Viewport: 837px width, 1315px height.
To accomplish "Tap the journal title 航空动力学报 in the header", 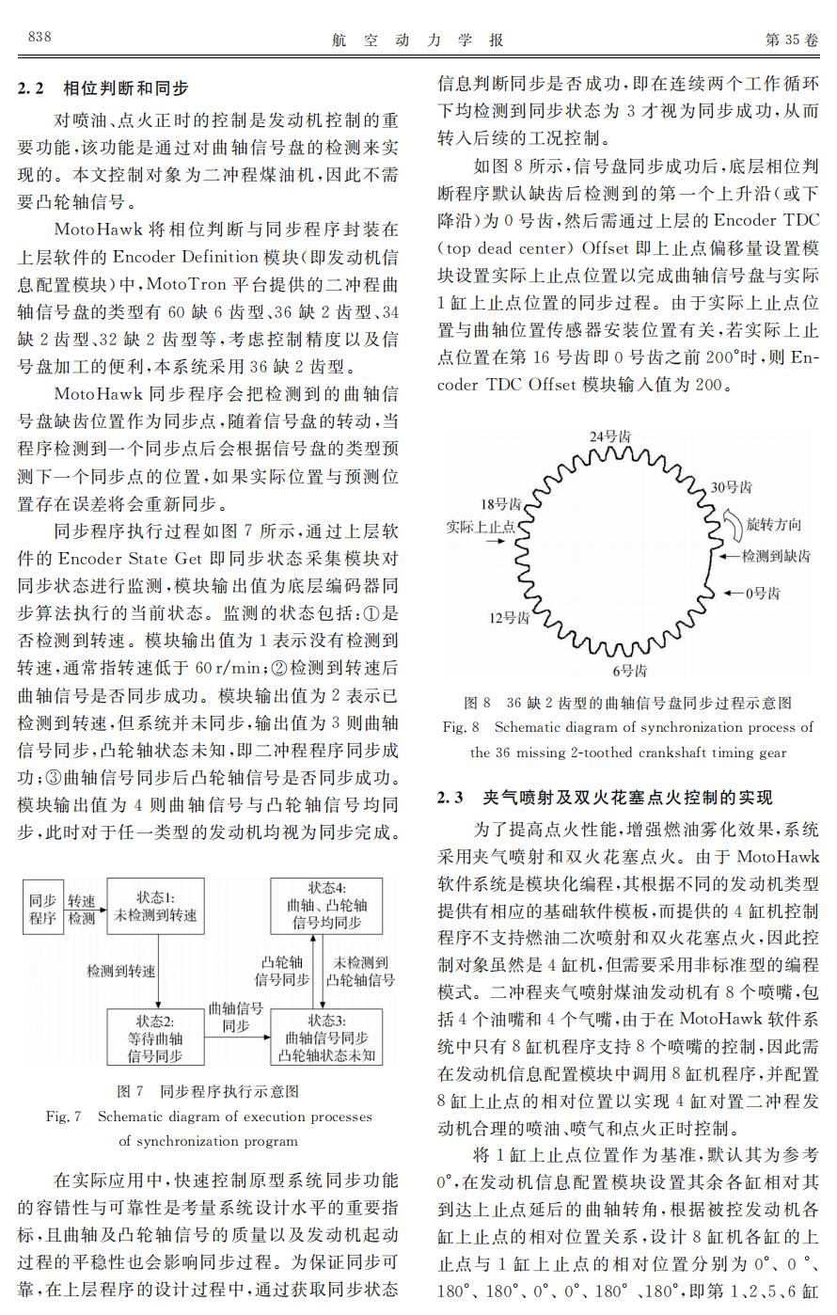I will pos(418,40).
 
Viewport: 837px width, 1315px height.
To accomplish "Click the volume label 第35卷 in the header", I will pos(792,39).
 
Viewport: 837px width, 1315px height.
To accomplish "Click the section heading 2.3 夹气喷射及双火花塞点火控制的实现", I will pos(605,799).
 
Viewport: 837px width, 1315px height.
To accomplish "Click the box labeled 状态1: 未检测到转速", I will pos(156,906).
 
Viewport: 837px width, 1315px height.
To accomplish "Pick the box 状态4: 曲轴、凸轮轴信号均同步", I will pos(326,906).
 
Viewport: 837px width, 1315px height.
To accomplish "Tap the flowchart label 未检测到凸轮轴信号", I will pos(360,971).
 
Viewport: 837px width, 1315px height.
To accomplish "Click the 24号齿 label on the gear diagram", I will pos(609,436).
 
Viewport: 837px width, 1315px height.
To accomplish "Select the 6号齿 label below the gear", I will pos(629,671).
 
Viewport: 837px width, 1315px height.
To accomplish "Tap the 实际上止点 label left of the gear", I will pos(481,527).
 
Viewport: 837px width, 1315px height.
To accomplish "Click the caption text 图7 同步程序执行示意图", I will pos(208,1091).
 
